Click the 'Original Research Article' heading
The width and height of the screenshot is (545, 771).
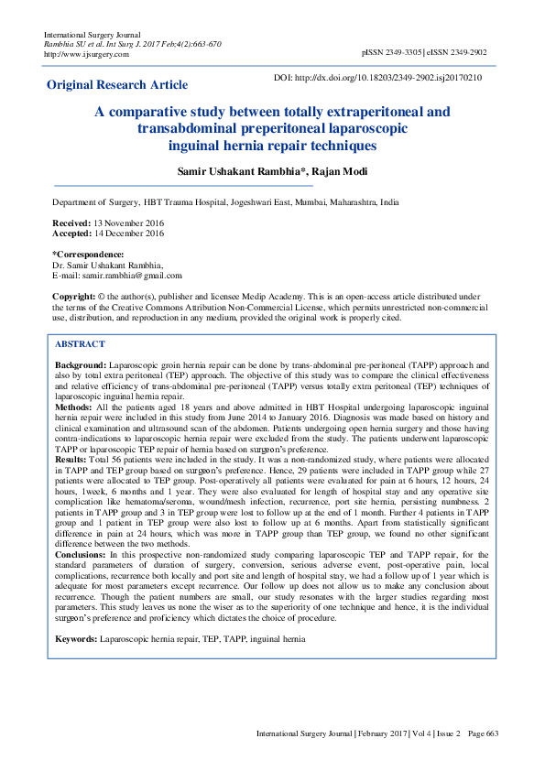117,85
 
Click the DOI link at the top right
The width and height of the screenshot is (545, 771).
390,79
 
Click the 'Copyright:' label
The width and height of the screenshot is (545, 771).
73,298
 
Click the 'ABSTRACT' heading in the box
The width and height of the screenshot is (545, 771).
80,344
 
